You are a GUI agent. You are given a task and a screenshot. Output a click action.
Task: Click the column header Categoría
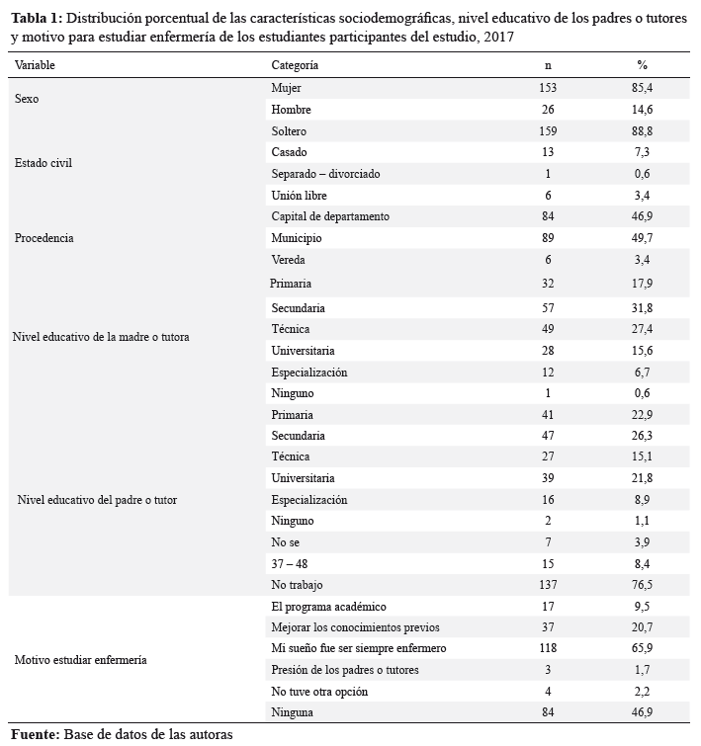(295, 65)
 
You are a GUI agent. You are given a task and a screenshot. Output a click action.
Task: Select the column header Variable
(35, 65)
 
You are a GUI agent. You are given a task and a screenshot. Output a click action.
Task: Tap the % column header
(643, 65)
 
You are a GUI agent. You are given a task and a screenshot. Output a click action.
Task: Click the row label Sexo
(27, 99)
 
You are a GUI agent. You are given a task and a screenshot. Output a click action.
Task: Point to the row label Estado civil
(44, 163)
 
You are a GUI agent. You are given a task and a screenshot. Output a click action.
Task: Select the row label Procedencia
(44, 238)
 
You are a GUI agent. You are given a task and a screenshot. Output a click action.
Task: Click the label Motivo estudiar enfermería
(80, 660)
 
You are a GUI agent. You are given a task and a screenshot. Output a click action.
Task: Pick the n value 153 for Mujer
(548, 88)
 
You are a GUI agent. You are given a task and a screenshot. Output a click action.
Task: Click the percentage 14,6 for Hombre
(642, 110)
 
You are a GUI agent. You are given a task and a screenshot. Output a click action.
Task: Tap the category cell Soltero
(289, 131)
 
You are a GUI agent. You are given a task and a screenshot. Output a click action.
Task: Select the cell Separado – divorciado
(325, 174)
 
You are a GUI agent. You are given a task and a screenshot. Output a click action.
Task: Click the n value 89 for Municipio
(548, 238)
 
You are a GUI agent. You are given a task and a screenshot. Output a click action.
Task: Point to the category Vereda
(288, 260)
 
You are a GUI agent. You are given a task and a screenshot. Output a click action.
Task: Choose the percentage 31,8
(642, 308)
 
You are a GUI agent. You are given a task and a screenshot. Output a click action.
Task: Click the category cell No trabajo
(297, 585)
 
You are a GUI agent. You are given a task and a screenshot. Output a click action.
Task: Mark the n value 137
(548, 585)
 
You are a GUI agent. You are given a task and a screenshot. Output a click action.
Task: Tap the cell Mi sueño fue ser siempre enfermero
(359, 648)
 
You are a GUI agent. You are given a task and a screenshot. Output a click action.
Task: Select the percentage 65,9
(642, 648)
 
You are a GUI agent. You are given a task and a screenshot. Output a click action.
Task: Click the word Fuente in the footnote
(36, 734)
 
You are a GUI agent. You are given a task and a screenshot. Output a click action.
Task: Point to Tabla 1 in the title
(37, 19)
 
